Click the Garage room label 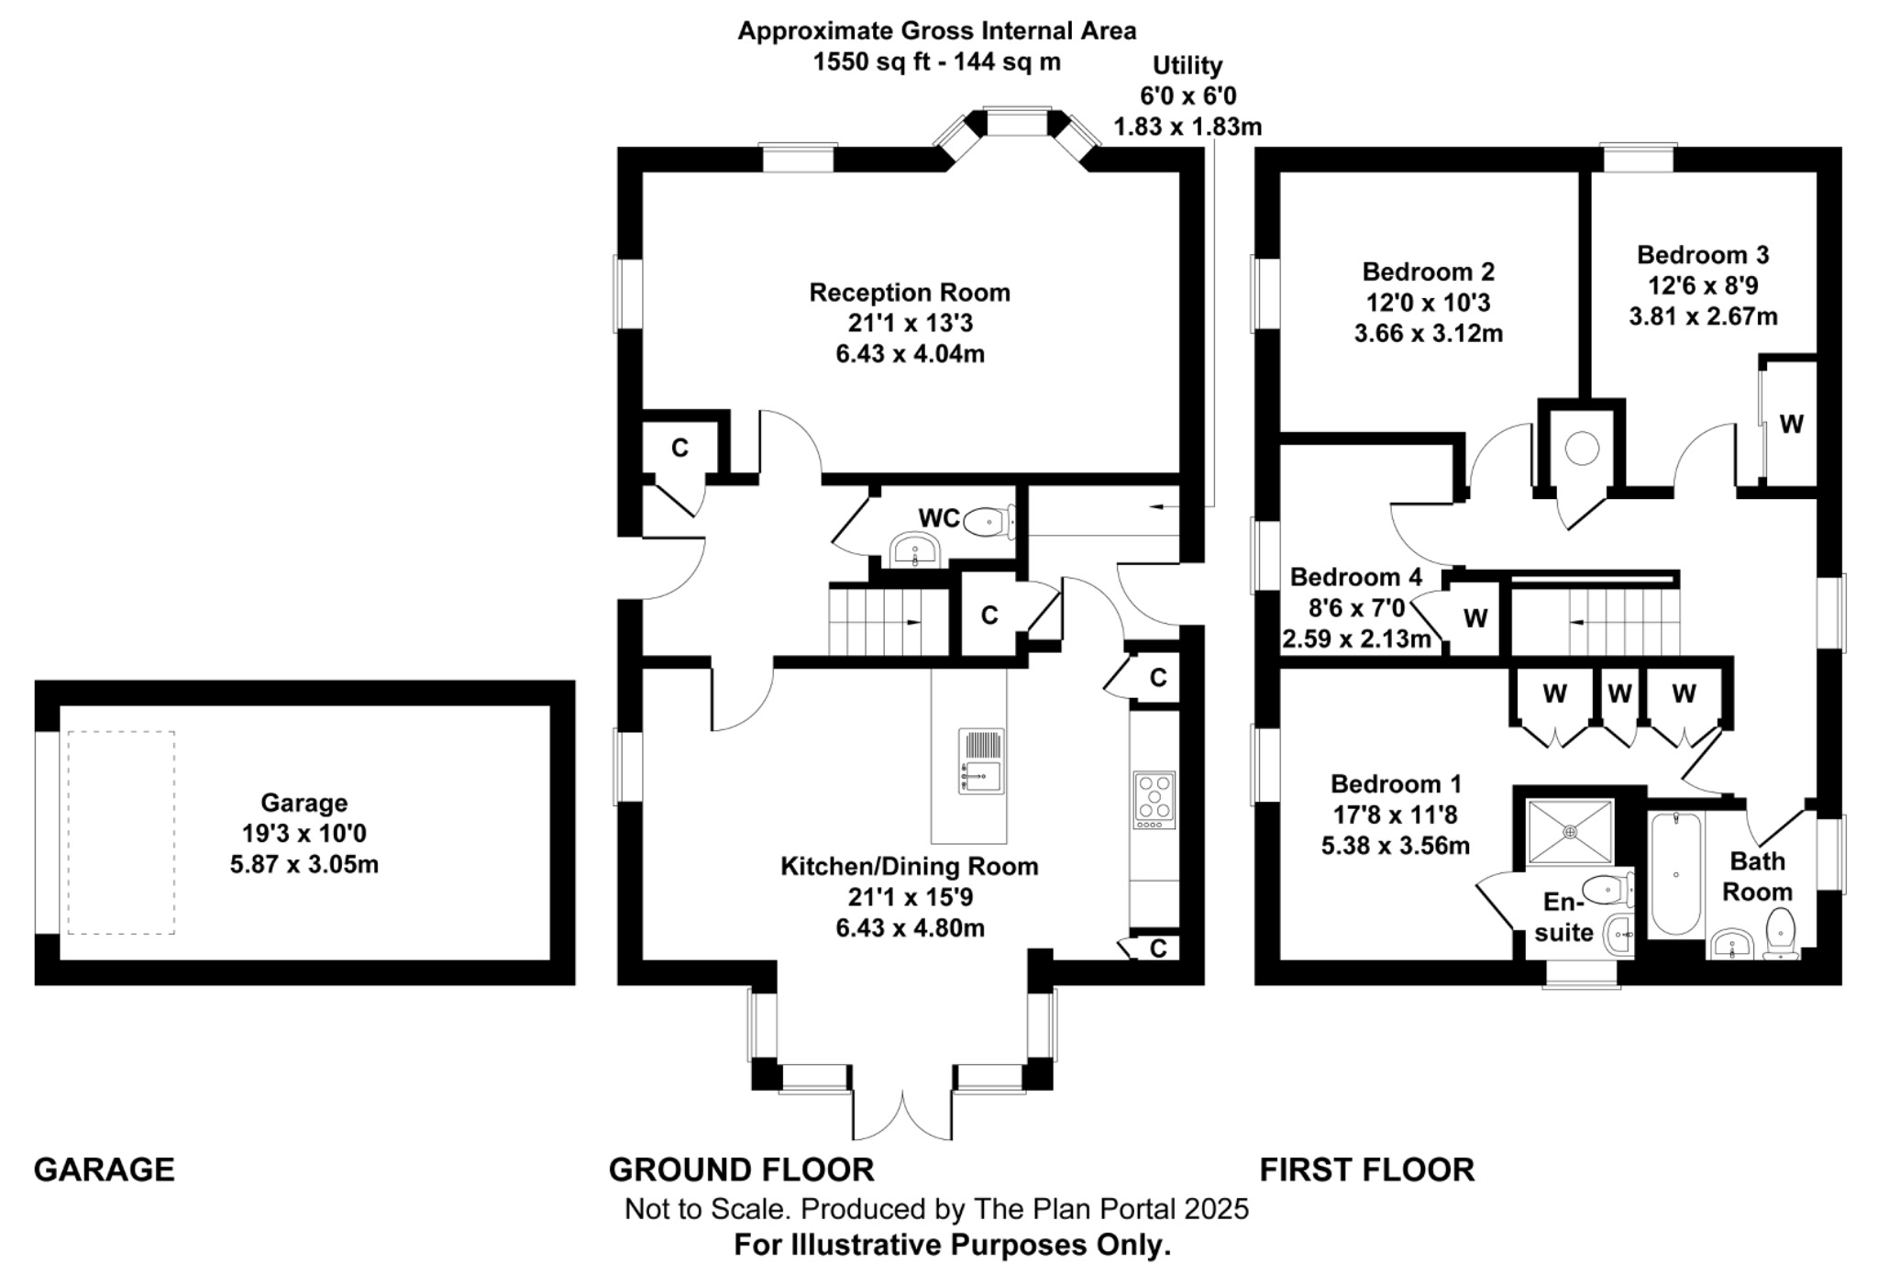304,803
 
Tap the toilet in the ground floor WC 989,522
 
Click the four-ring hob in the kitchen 1154,797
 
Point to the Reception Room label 909,293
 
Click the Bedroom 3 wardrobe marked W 1790,424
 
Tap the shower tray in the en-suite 1570,832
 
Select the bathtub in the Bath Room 1675,873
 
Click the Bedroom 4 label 1355,577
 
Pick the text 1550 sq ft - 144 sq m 936,61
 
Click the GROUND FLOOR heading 741,1170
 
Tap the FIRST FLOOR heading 1366,1170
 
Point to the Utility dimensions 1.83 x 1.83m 1187,127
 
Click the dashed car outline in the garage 121,832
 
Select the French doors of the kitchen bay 902,1114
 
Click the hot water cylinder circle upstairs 1581,449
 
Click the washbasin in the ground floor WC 914,551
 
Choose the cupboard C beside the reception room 679,448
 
